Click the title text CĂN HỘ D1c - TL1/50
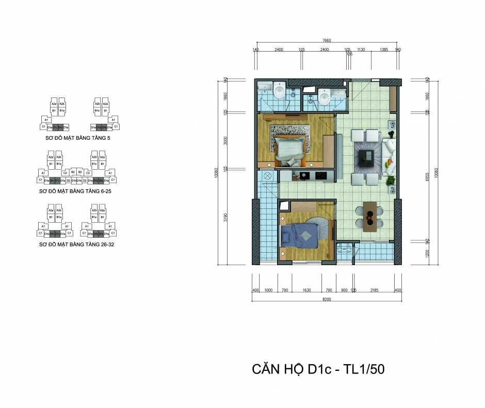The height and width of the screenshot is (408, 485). click(x=318, y=369)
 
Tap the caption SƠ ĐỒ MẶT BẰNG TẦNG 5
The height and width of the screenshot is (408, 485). click(x=78, y=139)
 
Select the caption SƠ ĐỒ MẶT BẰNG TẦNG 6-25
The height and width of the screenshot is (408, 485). click(x=75, y=191)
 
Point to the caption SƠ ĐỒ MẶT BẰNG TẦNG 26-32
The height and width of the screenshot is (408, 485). click(x=76, y=244)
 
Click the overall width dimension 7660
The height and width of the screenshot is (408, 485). click(x=326, y=40)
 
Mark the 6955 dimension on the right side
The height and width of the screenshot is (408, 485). click(x=427, y=175)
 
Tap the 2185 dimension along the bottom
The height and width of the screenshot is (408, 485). click(x=374, y=290)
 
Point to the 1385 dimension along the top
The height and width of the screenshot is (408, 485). click(x=383, y=50)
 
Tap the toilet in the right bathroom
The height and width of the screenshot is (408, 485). click(x=325, y=97)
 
